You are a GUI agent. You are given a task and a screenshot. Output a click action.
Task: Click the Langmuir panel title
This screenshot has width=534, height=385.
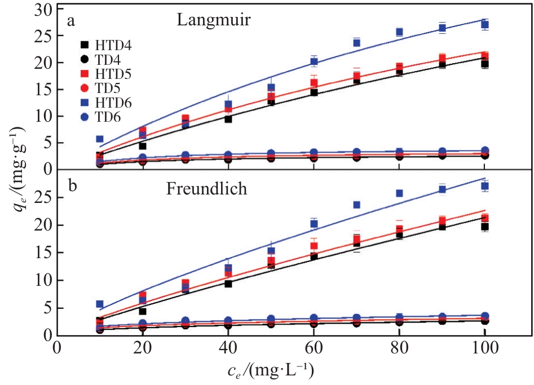[214, 21]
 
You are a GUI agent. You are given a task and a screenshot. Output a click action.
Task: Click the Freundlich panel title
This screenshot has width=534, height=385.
[206, 189]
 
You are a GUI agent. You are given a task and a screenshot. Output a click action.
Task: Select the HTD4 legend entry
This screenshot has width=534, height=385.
[104, 43]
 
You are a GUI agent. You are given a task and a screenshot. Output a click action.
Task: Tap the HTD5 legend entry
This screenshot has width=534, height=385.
[104, 73]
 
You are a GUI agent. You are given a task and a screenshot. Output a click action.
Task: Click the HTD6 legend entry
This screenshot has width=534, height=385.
[104, 103]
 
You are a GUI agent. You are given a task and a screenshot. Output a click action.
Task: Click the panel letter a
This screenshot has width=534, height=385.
[71, 22]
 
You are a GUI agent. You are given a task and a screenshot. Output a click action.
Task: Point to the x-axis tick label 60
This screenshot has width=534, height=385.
[314, 348]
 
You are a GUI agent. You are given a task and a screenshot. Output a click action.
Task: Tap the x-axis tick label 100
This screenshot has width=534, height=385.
[484, 348]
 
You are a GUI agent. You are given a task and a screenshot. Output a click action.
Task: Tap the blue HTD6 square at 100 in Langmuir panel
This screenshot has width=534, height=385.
[484, 24]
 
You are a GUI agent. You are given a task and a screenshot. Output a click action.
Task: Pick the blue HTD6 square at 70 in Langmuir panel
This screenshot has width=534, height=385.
[356, 42]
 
